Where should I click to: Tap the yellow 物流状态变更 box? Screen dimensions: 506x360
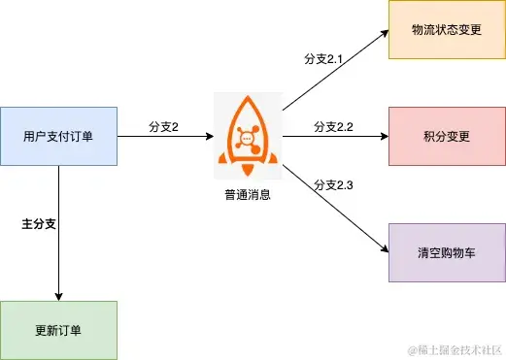point(446,29)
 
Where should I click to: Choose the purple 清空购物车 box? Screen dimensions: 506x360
point(446,252)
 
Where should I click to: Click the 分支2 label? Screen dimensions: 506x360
point(163,127)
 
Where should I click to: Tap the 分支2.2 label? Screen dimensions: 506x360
point(332,127)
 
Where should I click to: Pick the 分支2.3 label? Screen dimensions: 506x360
point(332,185)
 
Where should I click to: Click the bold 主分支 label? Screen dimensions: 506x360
point(39,224)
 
